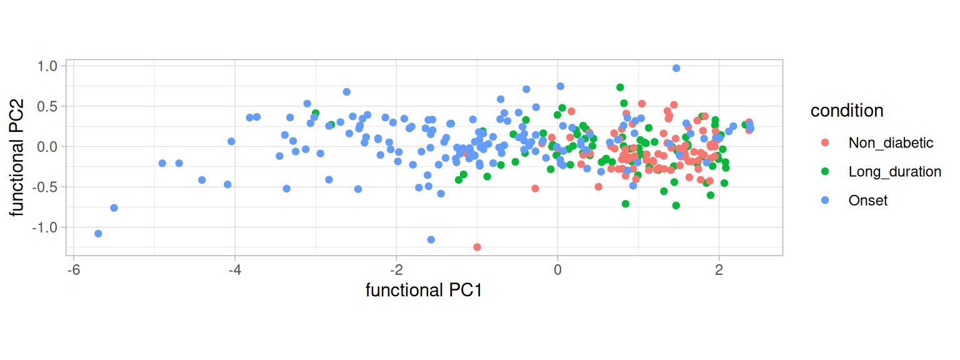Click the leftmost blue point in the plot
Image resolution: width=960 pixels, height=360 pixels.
tap(98, 233)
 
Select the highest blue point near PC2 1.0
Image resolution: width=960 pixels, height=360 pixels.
tap(676, 68)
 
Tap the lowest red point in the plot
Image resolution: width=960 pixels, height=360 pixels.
tap(477, 247)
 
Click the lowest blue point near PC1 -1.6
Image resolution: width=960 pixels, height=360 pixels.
tap(431, 239)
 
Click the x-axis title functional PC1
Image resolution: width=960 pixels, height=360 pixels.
tap(424, 291)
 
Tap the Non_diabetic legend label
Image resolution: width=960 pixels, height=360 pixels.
tap(891, 142)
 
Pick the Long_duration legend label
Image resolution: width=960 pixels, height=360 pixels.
tap(895, 171)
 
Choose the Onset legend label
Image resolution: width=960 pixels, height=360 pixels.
tap(868, 200)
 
